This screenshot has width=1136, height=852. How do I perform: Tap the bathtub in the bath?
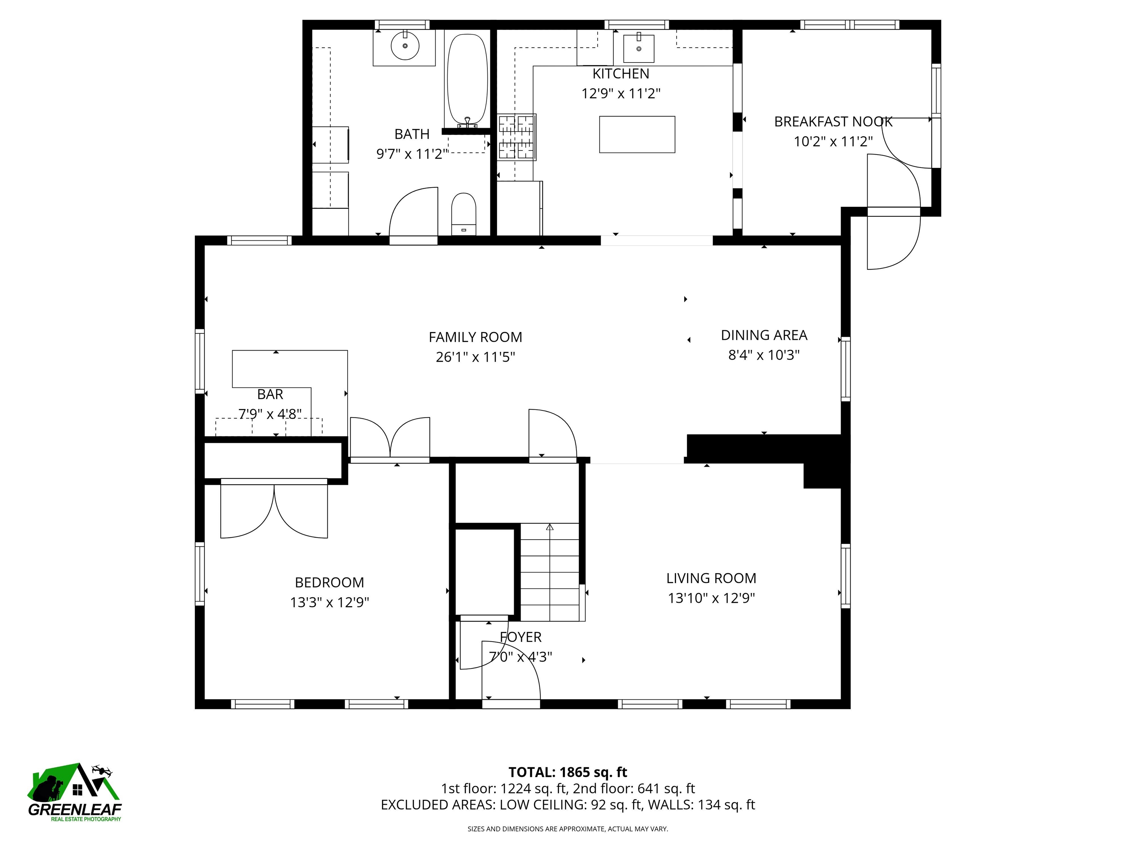467,80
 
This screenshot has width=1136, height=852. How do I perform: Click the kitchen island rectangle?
637,135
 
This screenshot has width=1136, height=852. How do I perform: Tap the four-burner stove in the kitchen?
517,136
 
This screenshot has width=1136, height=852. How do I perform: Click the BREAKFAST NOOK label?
833,122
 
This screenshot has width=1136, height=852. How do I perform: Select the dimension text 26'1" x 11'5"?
475,357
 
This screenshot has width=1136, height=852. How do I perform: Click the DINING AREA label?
764,335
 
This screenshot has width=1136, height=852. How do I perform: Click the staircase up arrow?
550,527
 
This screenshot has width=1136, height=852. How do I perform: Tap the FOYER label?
520,637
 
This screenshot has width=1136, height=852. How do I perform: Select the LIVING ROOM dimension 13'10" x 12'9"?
711,598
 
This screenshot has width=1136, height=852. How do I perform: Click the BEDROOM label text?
329,582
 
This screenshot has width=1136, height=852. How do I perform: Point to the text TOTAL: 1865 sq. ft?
568,772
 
